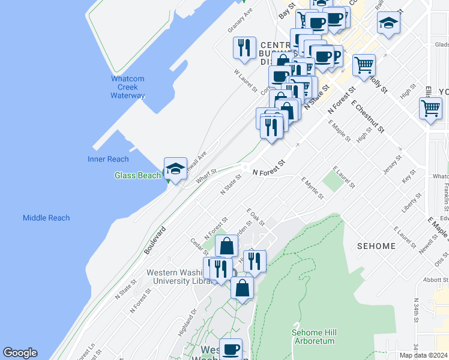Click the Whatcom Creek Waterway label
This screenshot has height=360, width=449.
click(x=127, y=87)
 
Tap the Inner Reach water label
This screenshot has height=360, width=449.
click(x=109, y=159)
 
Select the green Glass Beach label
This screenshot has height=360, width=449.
click(x=137, y=175)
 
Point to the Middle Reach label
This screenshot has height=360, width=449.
click(x=46, y=218)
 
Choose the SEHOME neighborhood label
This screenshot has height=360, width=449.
click(x=376, y=246)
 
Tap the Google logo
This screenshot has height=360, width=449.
click(x=20, y=353)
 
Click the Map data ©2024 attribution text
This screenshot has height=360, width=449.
click(x=423, y=355)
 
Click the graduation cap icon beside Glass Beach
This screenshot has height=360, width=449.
click(x=175, y=169)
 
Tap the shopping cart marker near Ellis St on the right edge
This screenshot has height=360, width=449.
click(x=430, y=109)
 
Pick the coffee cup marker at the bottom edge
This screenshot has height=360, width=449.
click(x=231, y=349)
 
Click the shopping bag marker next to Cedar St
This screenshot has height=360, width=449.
click(x=227, y=246)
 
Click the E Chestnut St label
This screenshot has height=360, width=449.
click(x=367, y=117)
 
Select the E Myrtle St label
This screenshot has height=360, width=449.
click(x=312, y=188)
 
